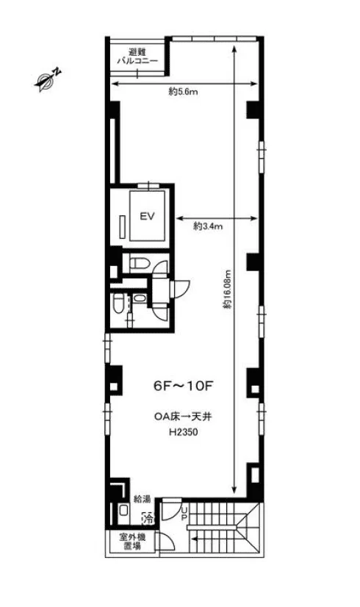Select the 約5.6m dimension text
183,92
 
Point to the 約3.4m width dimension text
208,226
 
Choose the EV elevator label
148,216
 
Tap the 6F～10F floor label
184,386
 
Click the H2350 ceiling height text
184,432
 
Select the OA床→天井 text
183,417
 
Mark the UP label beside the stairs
184,514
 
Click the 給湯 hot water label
142,499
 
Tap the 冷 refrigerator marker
148,519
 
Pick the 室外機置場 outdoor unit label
132,542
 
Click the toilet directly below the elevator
139,263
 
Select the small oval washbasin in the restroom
139,298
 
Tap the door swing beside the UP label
171,510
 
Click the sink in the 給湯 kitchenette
123,511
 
